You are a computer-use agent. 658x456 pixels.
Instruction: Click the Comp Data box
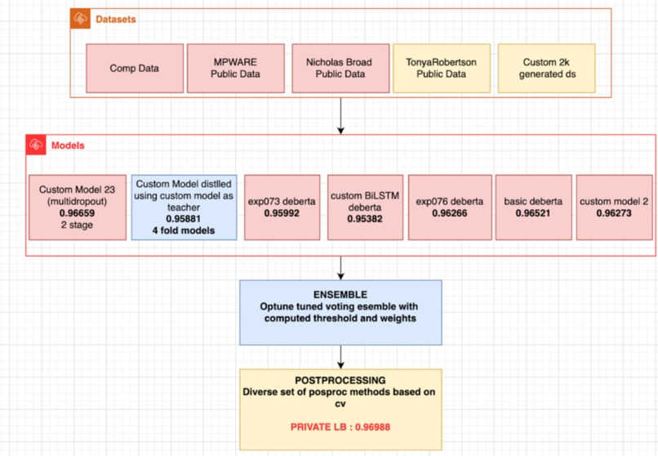(134, 68)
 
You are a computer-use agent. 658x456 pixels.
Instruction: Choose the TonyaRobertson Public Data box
(441, 68)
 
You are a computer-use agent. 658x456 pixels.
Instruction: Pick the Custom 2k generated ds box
(546, 68)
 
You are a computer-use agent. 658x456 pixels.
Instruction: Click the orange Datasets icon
(80, 19)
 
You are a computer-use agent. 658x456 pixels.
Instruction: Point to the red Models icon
(36, 146)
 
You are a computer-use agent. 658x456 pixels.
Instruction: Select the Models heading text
(68, 146)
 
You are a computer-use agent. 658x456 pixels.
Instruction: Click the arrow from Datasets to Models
(340, 117)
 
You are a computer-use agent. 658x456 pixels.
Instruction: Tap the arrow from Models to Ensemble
(340, 266)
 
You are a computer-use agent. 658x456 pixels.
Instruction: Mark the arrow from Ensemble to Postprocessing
(340, 356)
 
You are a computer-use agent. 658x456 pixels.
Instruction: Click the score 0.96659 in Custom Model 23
(78, 212)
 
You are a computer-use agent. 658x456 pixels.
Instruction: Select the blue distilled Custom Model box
(184, 207)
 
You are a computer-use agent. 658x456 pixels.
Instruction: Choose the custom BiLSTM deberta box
(363, 207)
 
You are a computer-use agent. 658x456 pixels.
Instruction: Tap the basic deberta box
(532, 207)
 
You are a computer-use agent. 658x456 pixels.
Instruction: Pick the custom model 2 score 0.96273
(614, 213)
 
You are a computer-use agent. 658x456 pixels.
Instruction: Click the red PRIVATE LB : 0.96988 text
(340, 425)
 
